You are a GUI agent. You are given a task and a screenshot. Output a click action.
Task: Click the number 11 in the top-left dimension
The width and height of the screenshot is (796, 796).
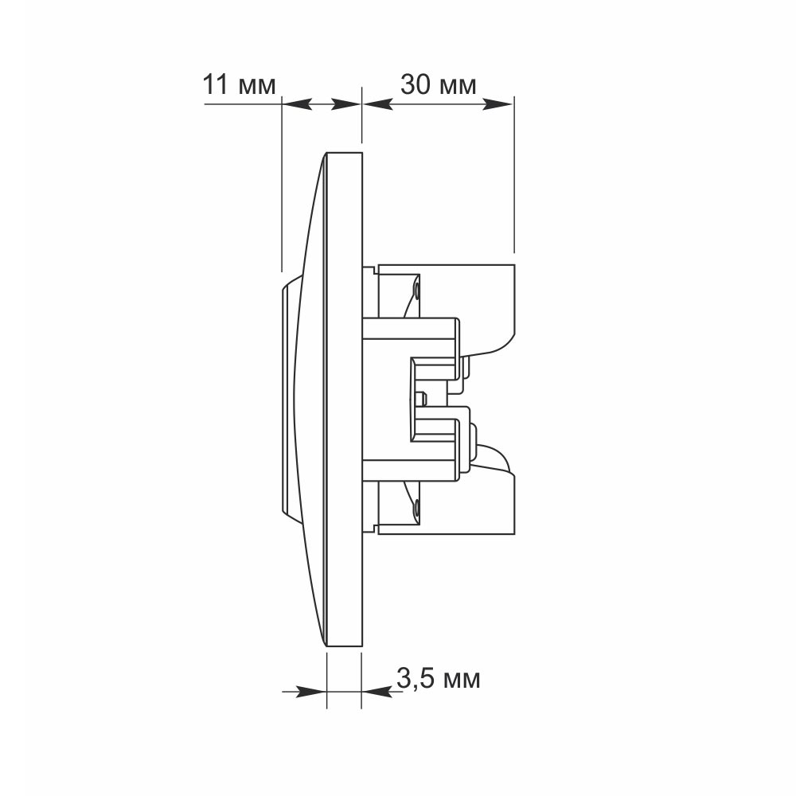[x=217, y=84]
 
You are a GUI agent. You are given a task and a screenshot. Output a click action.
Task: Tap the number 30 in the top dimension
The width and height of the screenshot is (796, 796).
[x=416, y=84]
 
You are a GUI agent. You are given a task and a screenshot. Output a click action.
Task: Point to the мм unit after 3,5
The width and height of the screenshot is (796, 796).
[x=461, y=681]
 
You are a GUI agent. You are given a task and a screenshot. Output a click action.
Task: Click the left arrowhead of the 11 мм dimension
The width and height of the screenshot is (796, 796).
[x=296, y=104]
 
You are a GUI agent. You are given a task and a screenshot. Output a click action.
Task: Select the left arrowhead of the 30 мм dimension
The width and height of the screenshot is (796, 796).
[x=377, y=104]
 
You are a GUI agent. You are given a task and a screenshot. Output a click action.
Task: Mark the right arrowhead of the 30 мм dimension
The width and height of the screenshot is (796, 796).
[x=497, y=104]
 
